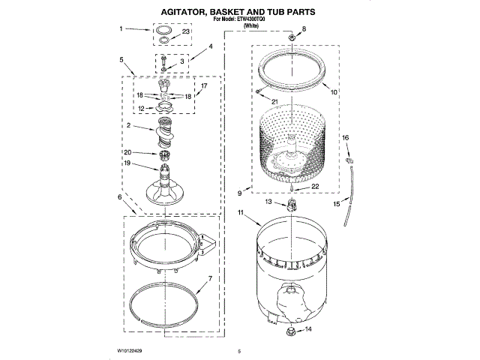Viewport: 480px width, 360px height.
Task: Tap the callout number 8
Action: click(304, 28)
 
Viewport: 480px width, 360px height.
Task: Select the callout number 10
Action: click(334, 92)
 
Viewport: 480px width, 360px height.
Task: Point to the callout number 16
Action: click(346, 138)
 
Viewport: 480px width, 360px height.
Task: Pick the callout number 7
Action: click(210, 279)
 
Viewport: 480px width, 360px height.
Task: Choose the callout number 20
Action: click(128, 153)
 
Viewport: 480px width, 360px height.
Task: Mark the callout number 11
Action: click(241, 214)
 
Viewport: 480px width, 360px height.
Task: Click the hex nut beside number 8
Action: click(289, 36)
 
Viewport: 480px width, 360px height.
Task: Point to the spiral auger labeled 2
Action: click(164, 138)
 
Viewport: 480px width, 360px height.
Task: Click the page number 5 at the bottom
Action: click(238, 351)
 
